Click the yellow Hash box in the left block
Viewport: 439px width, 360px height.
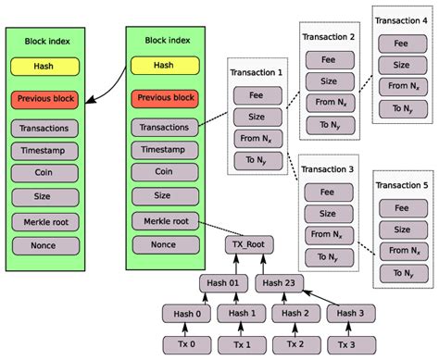click(44, 66)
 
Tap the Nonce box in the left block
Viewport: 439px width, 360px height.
click(44, 245)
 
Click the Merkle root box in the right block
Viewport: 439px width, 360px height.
click(164, 220)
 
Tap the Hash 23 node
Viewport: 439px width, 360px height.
click(280, 282)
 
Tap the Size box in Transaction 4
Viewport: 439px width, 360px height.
click(401, 64)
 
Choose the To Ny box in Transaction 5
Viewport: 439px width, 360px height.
click(401, 274)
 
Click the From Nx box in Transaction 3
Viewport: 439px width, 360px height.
click(328, 235)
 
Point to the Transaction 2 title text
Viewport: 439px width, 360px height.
click(328, 37)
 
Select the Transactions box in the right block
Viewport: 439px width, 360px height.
click(164, 128)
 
